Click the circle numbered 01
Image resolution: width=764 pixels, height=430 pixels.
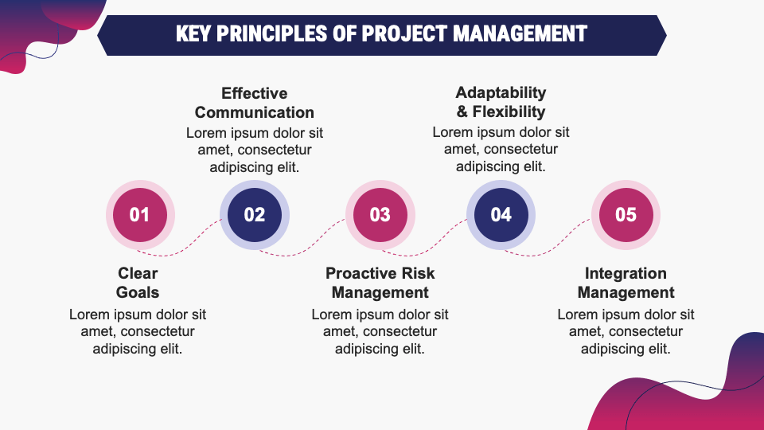click(x=140, y=214)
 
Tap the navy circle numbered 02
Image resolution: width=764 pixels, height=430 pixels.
click(x=255, y=214)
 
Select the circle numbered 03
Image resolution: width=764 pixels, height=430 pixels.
click(x=380, y=214)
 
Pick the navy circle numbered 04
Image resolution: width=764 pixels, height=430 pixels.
click(x=501, y=214)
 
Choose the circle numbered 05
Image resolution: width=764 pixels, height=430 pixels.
click(x=626, y=214)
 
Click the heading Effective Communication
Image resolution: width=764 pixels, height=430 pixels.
click(x=255, y=103)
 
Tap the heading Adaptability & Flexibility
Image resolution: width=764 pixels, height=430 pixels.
click(x=501, y=103)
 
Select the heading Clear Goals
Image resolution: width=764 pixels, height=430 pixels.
click(x=138, y=283)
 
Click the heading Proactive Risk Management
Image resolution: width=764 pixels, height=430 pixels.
click(x=380, y=283)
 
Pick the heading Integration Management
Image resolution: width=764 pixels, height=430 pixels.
click(x=626, y=283)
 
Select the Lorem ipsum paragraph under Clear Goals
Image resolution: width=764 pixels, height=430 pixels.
click(x=138, y=331)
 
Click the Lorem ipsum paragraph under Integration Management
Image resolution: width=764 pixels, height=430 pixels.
click(x=626, y=331)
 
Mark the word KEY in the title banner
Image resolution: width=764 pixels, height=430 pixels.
click(x=196, y=34)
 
